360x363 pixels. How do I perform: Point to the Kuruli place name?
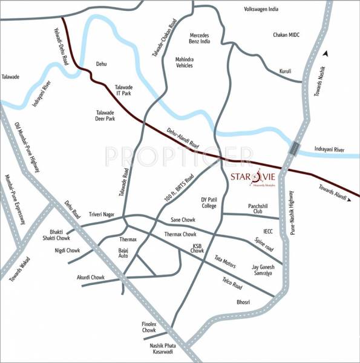pos(286,70)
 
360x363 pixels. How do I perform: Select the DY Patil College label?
pos(209,202)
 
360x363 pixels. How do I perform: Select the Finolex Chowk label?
pos(149,327)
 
